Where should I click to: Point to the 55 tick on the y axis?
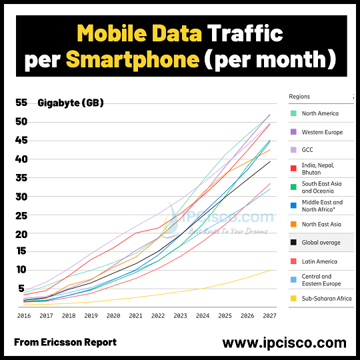[x=21, y=103]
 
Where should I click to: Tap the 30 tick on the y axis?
[x=21, y=197]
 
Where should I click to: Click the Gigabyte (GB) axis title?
[x=71, y=103]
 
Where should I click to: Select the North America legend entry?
[x=320, y=113]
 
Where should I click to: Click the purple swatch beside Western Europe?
[x=293, y=132]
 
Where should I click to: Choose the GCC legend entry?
[x=308, y=151]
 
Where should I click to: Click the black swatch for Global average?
[x=293, y=243]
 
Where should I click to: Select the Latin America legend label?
[x=320, y=261]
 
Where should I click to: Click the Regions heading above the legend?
[x=299, y=97]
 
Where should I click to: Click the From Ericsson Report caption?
[x=65, y=342]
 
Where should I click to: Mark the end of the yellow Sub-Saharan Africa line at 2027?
[x=269, y=269]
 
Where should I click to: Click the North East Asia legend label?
[x=321, y=224]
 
